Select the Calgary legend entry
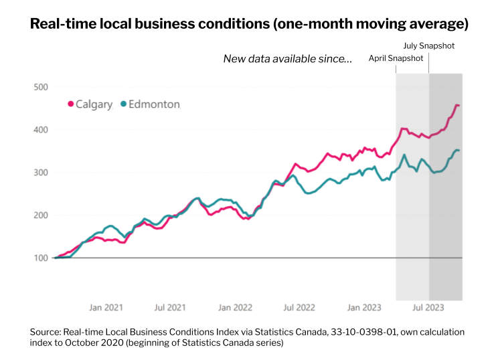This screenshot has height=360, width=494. (93, 104)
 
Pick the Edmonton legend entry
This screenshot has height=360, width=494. (153, 104)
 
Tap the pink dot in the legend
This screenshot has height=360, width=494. (70, 104)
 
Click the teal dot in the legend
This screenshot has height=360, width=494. (122, 104)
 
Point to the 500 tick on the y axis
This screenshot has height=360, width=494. (40, 87)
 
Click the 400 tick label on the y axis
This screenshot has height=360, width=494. (40, 130)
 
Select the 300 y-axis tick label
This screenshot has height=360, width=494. (40, 173)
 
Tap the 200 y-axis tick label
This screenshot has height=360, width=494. (40, 215)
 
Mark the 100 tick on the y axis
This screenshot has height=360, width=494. (40, 258)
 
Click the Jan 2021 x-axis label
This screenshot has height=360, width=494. (106, 308)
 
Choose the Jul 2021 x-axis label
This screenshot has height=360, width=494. (170, 308)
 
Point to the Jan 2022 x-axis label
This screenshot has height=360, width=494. (234, 308)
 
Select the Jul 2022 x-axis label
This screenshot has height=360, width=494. (299, 308)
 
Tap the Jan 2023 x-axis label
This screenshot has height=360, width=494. (363, 308)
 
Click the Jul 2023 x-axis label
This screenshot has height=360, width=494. (427, 308)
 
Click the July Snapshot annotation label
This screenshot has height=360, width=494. (428, 47)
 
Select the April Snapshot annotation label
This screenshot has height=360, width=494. (396, 58)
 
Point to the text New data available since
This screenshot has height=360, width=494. (287, 60)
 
